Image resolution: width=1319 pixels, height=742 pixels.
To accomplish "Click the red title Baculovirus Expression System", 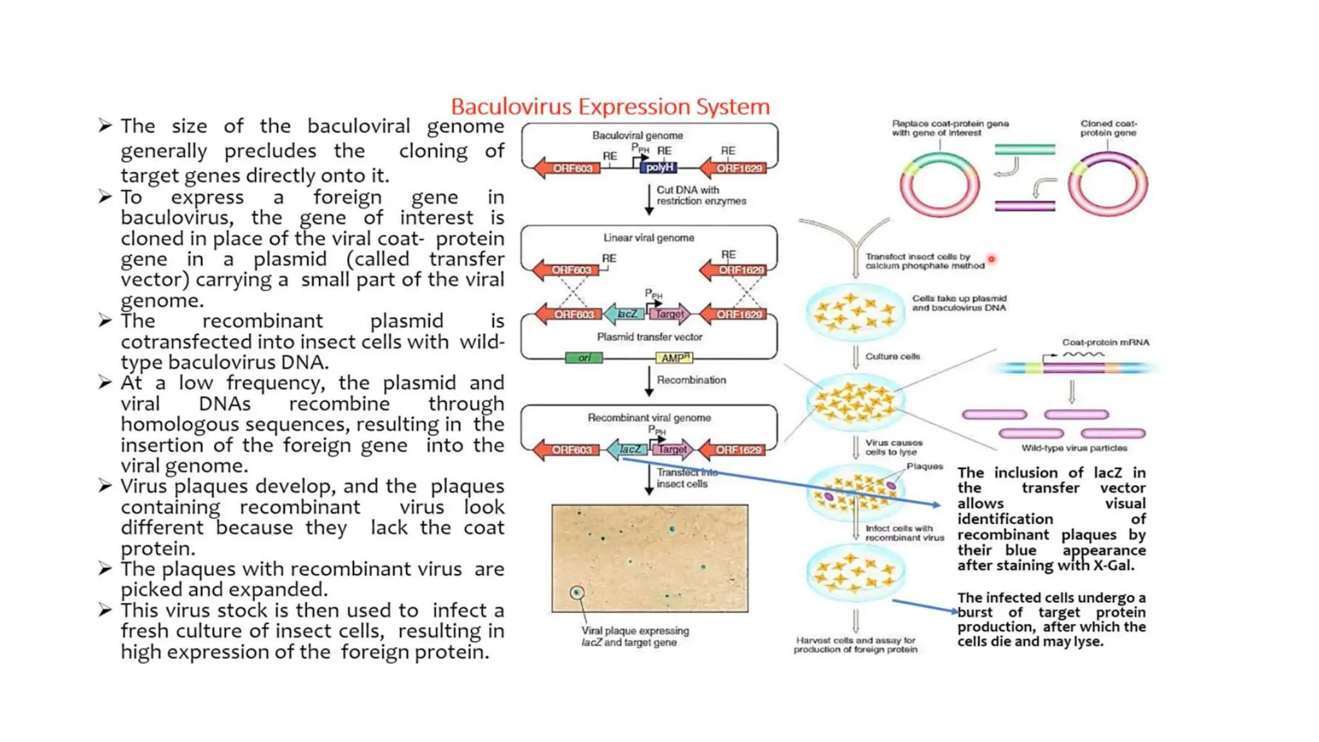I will pyautogui.click(x=610, y=106).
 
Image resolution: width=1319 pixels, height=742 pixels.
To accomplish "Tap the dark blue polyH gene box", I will pyautogui.click(x=659, y=167).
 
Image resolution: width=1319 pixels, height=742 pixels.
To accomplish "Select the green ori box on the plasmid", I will pyautogui.click(x=584, y=357).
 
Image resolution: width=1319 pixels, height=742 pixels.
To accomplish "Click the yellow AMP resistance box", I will pyautogui.click(x=674, y=357).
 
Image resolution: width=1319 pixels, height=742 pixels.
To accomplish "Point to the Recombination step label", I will pyautogui.click(x=691, y=380).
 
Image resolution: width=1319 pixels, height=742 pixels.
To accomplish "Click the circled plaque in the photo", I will pyautogui.click(x=577, y=593).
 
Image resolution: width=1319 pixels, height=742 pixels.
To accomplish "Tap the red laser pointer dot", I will pyautogui.click(x=991, y=259).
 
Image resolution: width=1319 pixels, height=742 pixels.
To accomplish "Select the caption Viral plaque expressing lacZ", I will pyautogui.click(x=634, y=636).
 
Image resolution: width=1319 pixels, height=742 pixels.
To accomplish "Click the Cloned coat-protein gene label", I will pyautogui.click(x=1108, y=128).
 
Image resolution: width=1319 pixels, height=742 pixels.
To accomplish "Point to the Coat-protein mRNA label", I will pyautogui.click(x=1105, y=342).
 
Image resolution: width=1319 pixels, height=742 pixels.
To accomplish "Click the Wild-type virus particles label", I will pyautogui.click(x=1074, y=448).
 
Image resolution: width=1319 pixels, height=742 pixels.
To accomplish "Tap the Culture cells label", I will pyautogui.click(x=893, y=356).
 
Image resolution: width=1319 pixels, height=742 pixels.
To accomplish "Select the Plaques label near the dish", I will pyautogui.click(x=924, y=466).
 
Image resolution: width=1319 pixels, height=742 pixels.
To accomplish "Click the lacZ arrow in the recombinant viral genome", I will pyautogui.click(x=629, y=450).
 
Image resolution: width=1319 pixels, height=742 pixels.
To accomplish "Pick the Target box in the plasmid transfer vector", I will pyautogui.click(x=670, y=314).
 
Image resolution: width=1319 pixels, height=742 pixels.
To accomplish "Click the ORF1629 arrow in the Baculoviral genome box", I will pyautogui.click(x=736, y=168).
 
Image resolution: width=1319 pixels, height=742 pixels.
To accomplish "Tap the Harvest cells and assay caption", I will pyautogui.click(x=855, y=645).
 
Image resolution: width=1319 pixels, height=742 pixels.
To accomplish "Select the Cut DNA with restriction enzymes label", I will pyautogui.click(x=701, y=195).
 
